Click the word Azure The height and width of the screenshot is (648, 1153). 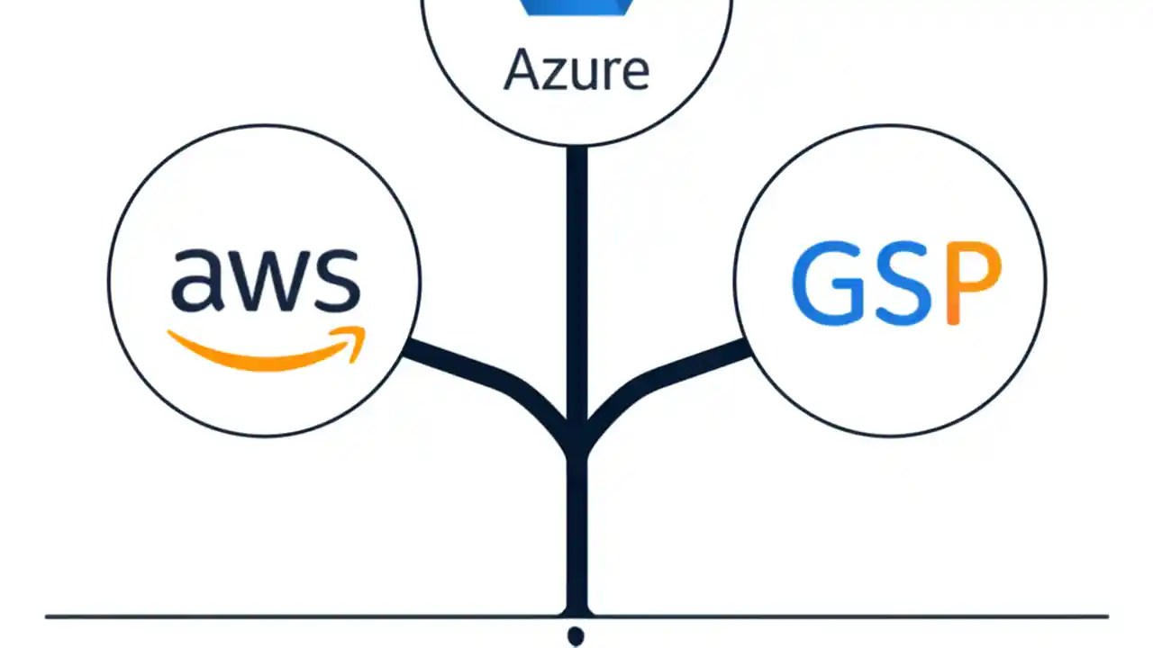[x=576, y=69]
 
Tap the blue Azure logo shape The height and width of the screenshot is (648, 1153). [x=576, y=7]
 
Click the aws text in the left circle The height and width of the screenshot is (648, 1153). [x=266, y=279]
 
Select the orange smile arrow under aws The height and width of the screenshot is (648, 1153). [x=261, y=355]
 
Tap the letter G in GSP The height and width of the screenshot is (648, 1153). [x=825, y=283]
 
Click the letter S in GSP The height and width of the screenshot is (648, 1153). [x=897, y=283]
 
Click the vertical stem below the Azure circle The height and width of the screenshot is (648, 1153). [x=576, y=270]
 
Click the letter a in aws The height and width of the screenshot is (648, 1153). [x=195, y=281]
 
